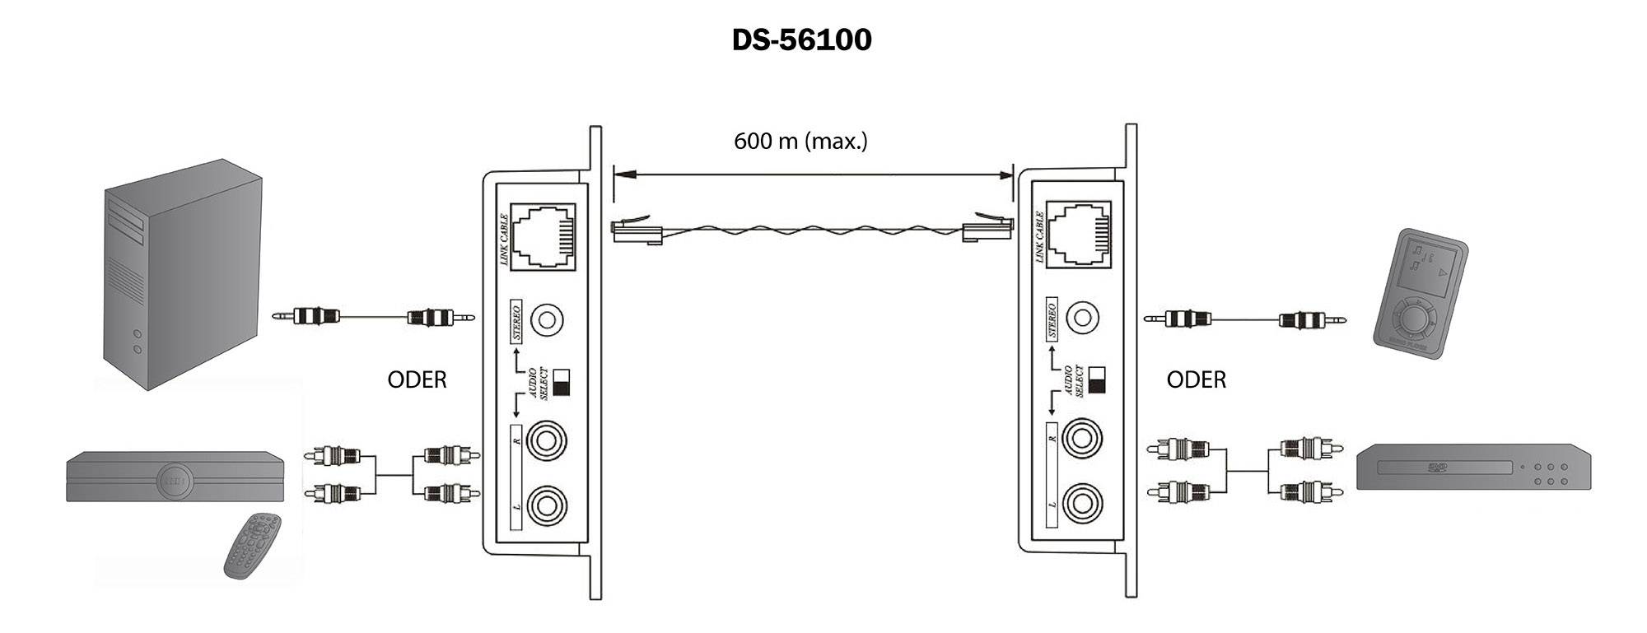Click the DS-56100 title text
[x=801, y=40]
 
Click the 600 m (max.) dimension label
[x=800, y=141]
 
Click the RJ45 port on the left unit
[x=541, y=235]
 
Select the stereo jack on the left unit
[x=547, y=319]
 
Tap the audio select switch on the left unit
[x=561, y=383]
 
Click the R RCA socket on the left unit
[x=547, y=441]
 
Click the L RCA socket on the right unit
[x=1082, y=501]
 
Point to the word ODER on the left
[x=417, y=379]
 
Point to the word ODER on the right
[x=1196, y=379]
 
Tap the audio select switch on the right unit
[x=1096, y=380]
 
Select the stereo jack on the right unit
[x=1082, y=318]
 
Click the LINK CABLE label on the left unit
[x=504, y=239]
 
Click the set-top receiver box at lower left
[x=175, y=477]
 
